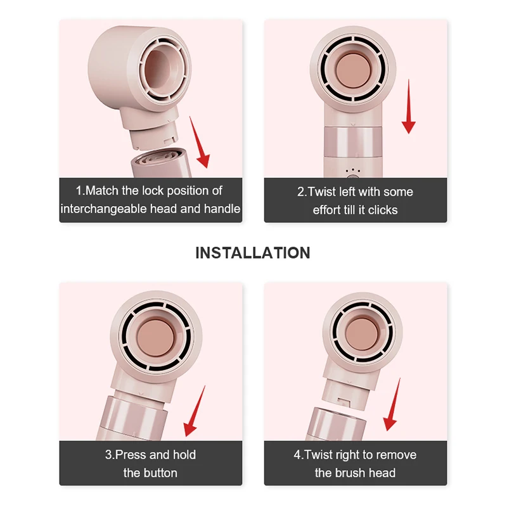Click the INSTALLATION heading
(x=253, y=253)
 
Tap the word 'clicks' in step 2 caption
(x=382, y=210)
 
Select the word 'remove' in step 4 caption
(x=395, y=455)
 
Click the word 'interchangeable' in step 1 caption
(x=101, y=209)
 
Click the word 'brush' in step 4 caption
(x=352, y=473)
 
